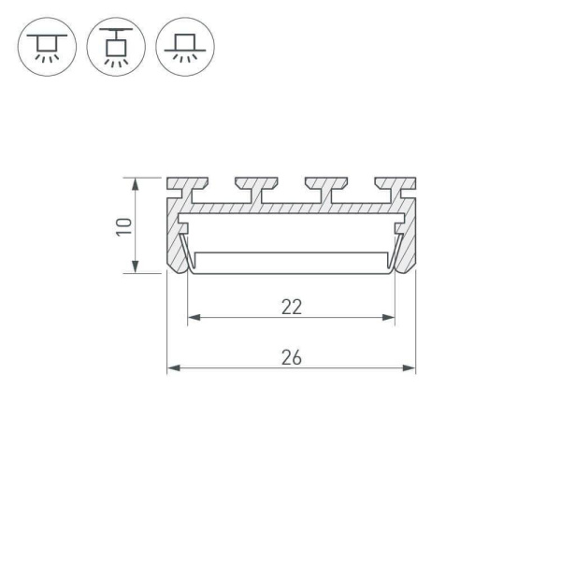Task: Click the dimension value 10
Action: click(x=122, y=225)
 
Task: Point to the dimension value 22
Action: click(x=291, y=306)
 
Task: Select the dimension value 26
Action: click(x=291, y=356)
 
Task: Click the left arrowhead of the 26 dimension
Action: click(x=172, y=368)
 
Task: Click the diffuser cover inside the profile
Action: click(x=291, y=263)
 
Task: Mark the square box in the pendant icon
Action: click(x=115, y=46)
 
